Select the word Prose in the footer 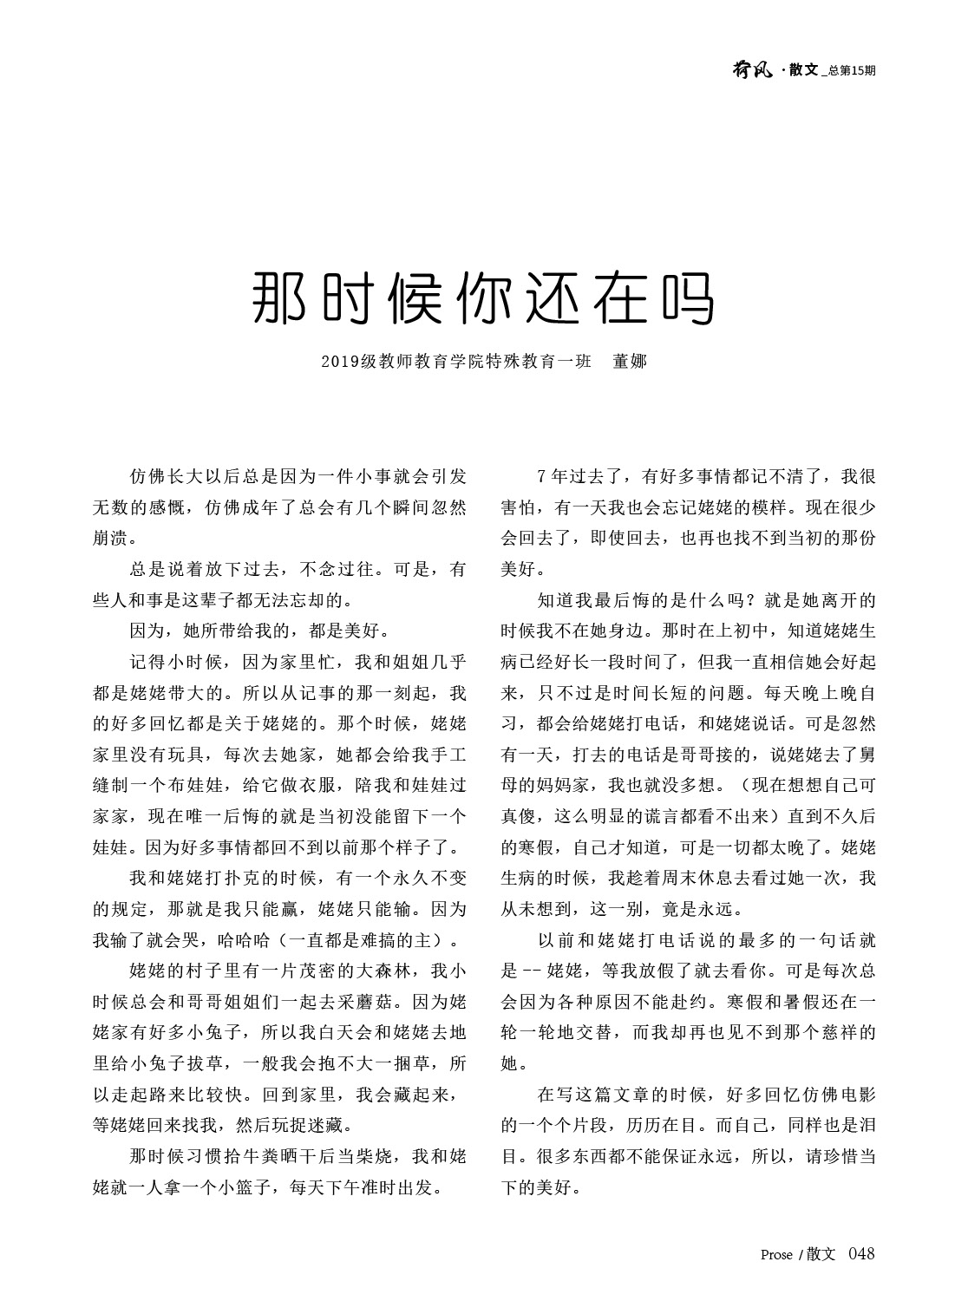776,1254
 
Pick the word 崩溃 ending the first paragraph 111,538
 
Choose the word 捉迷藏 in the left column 317,1126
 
